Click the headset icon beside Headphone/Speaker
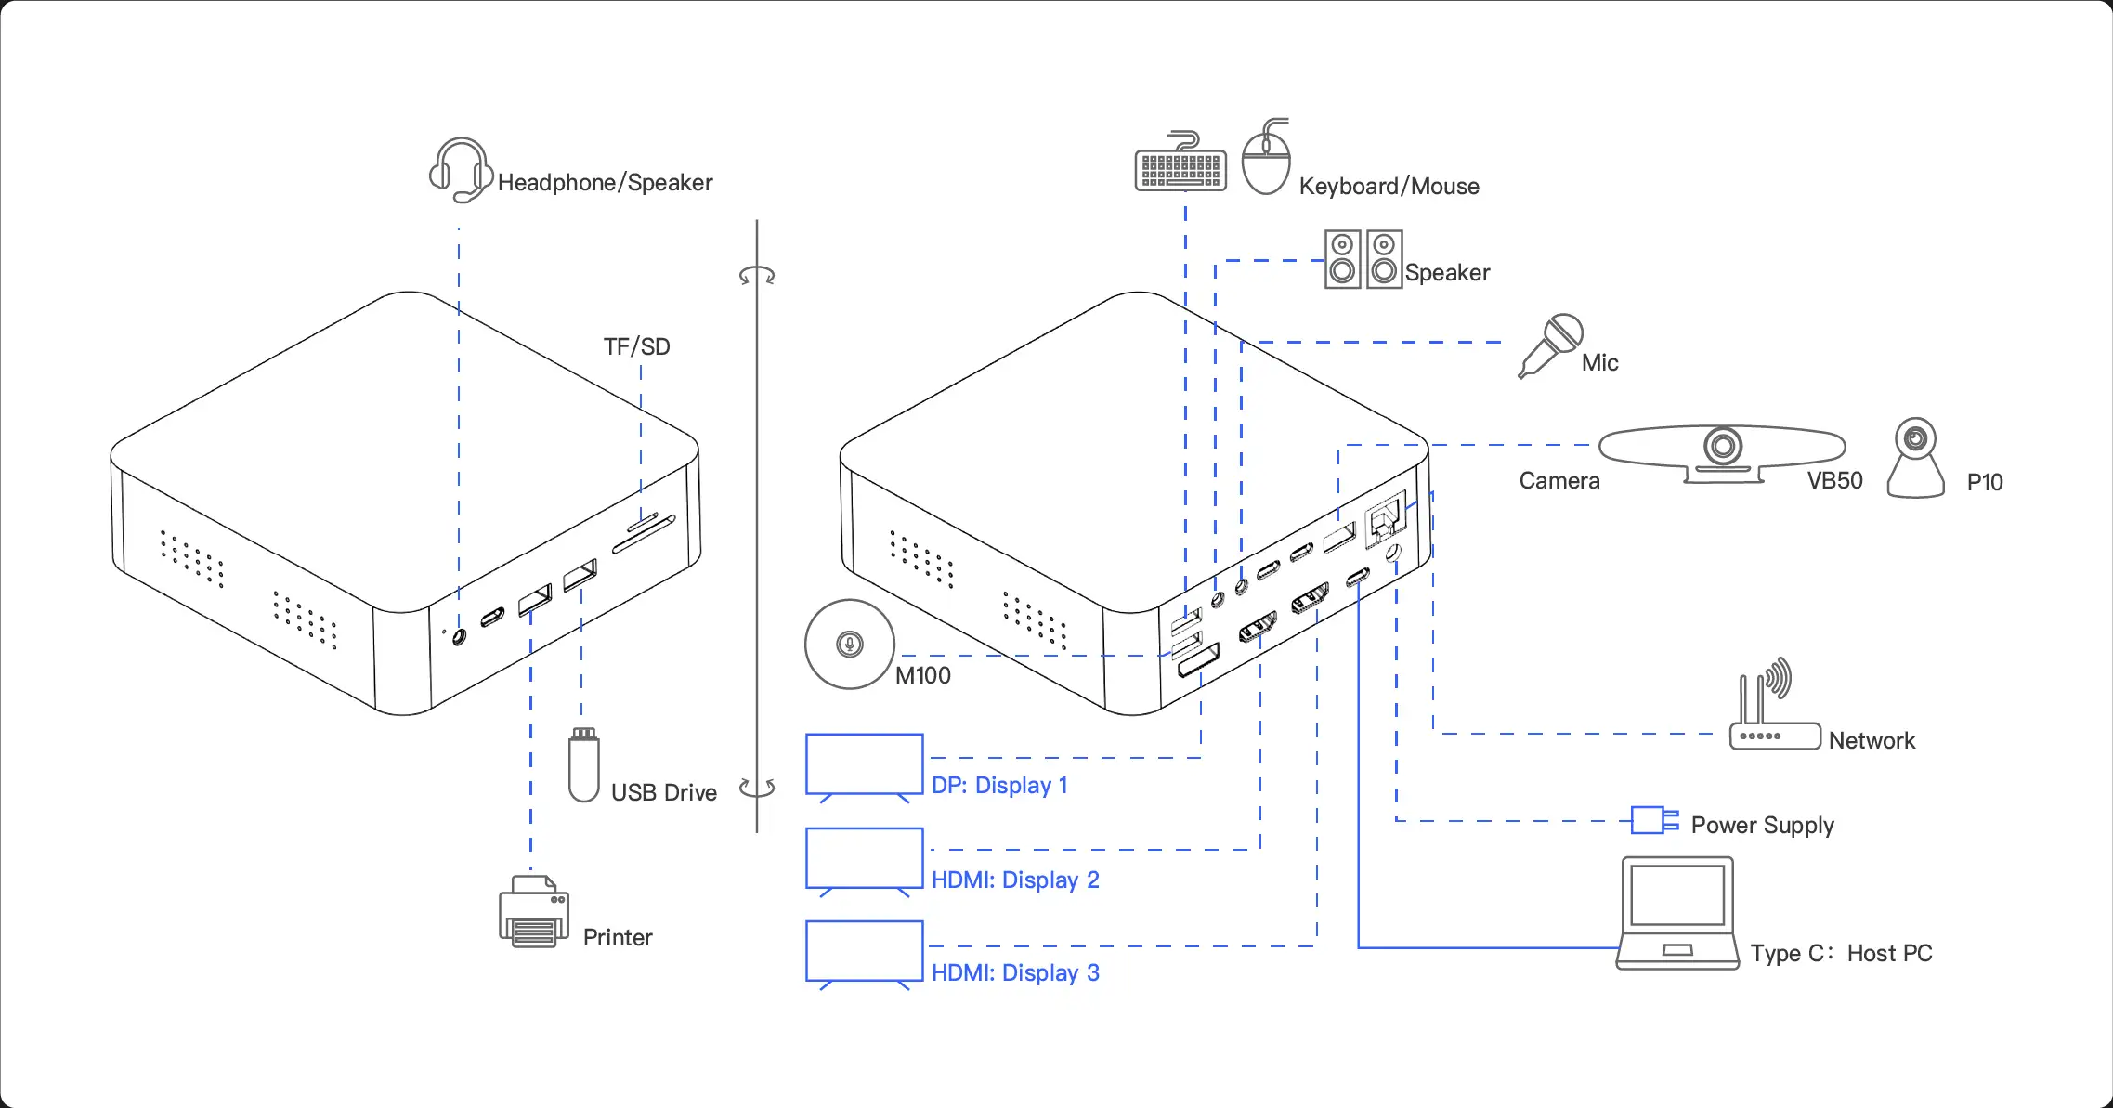click(x=460, y=170)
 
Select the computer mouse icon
click(x=1267, y=160)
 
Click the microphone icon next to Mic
click(x=1550, y=345)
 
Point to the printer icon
click(x=534, y=914)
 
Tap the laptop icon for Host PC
click(x=1677, y=914)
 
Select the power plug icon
click(x=1654, y=820)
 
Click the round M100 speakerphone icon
click(x=849, y=644)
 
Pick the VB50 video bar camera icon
click(x=1722, y=452)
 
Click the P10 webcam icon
click(x=1915, y=459)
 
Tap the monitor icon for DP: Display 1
click(x=864, y=766)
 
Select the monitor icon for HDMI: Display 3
click(x=864, y=953)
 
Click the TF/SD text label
click(x=636, y=347)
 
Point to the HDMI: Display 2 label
click(x=1015, y=880)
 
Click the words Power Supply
click(x=1762, y=825)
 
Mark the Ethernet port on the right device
click(x=1385, y=515)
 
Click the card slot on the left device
click(x=643, y=532)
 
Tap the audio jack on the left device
click(x=459, y=637)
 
